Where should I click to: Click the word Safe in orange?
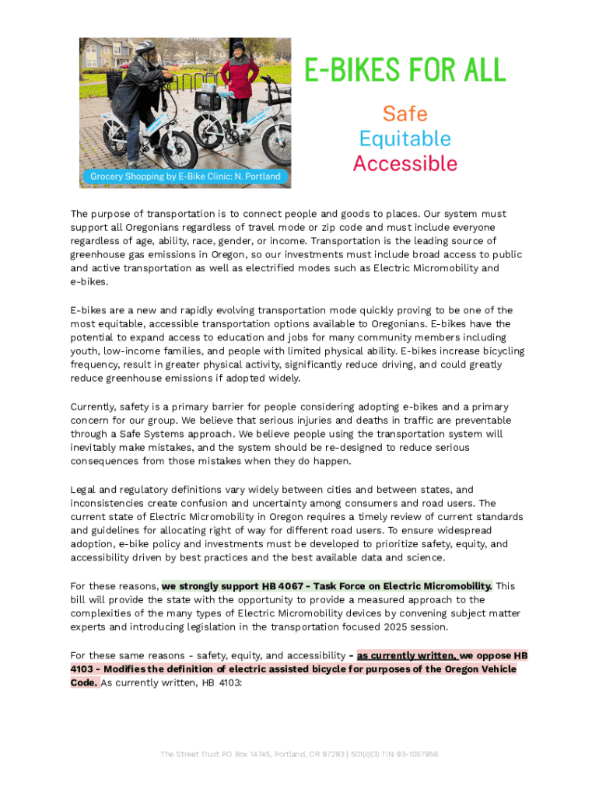(x=405, y=114)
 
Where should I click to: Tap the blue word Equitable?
(x=405, y=139)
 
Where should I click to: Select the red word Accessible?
(x=405, y=164)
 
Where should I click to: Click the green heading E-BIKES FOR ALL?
(x=405, y=71)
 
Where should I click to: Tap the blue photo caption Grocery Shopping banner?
(x=185, y=176)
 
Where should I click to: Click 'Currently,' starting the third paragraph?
(x=93, y=407)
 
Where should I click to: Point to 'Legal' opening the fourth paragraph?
(x=83, y=490)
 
